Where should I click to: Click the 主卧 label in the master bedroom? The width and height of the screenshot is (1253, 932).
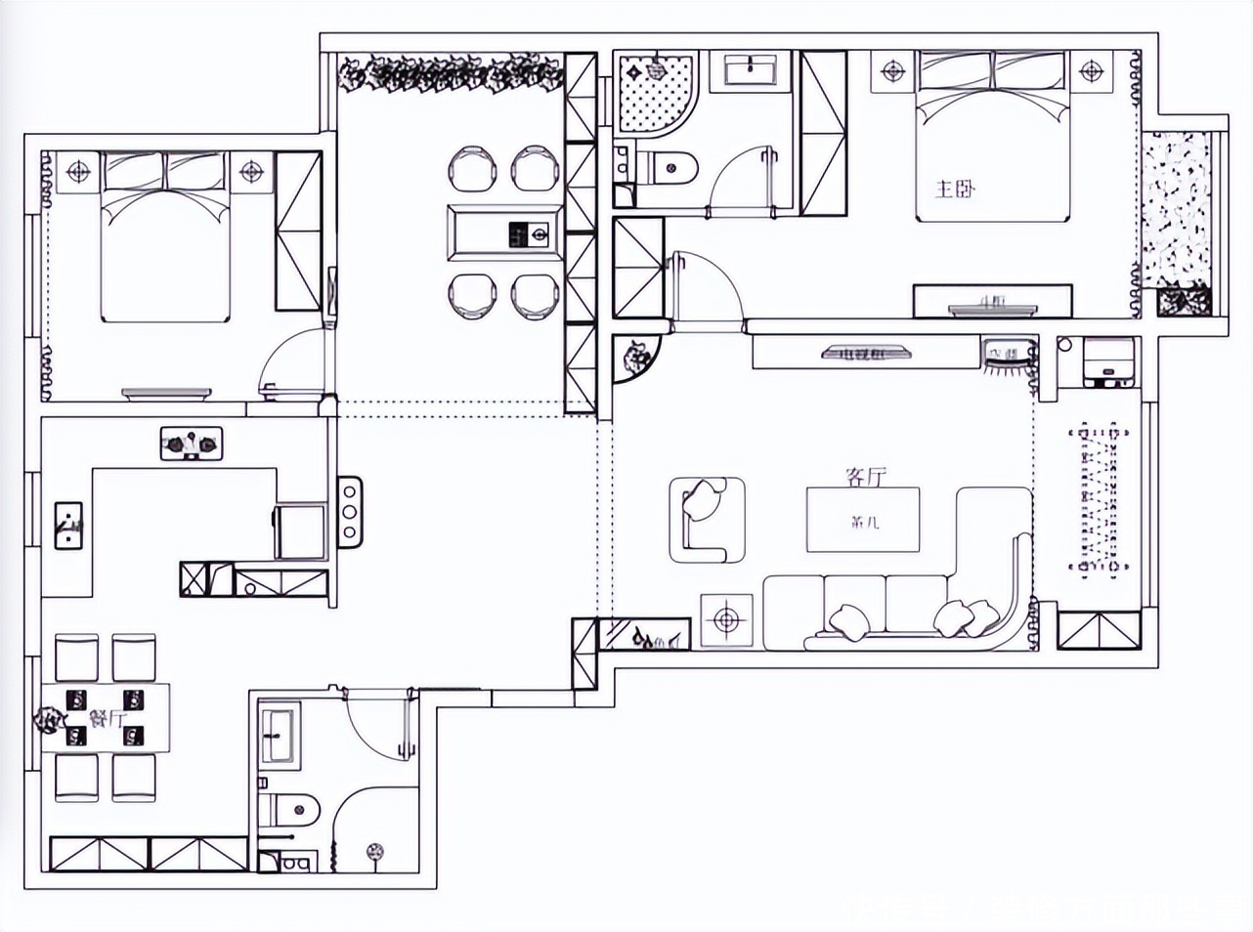point(955,188)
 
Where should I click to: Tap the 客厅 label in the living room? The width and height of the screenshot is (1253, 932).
point(865,477)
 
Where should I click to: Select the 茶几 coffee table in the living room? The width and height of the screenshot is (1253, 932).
point(863,519)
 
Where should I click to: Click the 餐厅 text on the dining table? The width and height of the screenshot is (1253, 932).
point(108,719)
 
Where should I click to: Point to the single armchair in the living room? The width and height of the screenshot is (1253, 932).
point(707,519)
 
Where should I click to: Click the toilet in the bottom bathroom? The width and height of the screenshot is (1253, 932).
point(292,809)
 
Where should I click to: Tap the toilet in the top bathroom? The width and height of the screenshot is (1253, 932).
point(671,167)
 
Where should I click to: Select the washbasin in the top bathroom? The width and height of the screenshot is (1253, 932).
point(750,71)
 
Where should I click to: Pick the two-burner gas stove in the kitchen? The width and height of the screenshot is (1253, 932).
point(192,444)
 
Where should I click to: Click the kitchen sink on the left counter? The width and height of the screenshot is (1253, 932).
point(68,526)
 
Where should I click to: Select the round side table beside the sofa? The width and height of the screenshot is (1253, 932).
point(725,619)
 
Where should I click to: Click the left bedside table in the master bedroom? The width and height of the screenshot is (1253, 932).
point(893,71)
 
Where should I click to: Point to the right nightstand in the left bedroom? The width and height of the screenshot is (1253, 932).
point(252,172)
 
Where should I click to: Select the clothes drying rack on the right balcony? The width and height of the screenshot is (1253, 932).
point(1100,498)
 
